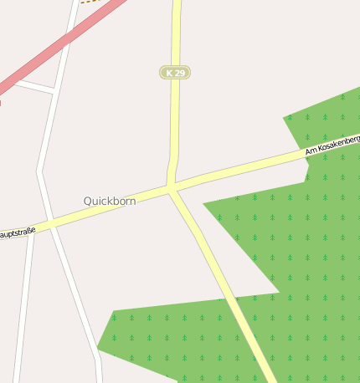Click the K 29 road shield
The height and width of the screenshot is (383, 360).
click(x=175, y=73)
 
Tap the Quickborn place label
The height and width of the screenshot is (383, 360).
click(x=110, y=202)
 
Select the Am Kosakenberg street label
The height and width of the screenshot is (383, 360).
click(x=332, y=144)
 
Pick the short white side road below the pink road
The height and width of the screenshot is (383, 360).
click(x=33, y=86)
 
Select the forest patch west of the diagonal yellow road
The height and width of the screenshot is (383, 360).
click(x=167, y=334)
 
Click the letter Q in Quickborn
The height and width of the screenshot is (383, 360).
click(x=88, y=202)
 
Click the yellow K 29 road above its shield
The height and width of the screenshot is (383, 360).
click(x=176, y=33)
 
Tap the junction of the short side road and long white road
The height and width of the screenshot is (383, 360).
click(x=54, y=91)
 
